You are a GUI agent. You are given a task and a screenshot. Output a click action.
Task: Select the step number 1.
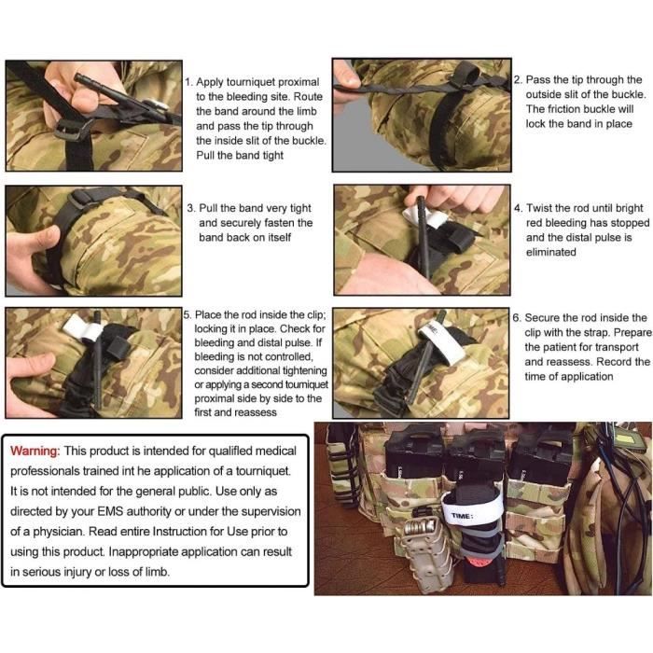[x=188, y=82]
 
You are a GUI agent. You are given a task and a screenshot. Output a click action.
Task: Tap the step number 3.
[x=189, y=209]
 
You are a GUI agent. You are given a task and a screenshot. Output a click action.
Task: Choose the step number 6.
[x=517, y=318]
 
